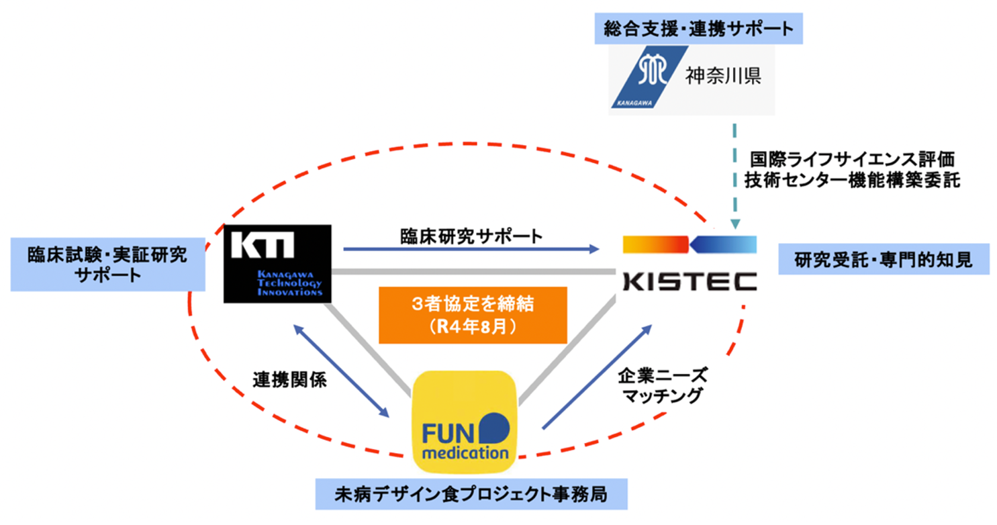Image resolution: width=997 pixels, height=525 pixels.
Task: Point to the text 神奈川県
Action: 722,76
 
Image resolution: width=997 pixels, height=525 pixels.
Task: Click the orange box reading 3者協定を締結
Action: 473,314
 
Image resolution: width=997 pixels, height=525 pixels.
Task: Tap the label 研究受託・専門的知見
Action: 884,259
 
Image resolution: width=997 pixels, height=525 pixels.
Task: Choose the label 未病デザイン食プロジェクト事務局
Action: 471,495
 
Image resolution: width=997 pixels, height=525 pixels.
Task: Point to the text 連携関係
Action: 289,381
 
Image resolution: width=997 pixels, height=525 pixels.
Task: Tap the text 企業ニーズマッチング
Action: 661,385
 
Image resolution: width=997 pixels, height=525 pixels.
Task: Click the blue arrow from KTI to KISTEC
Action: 470,250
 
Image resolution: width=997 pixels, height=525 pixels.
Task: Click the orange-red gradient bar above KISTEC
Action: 655,244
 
